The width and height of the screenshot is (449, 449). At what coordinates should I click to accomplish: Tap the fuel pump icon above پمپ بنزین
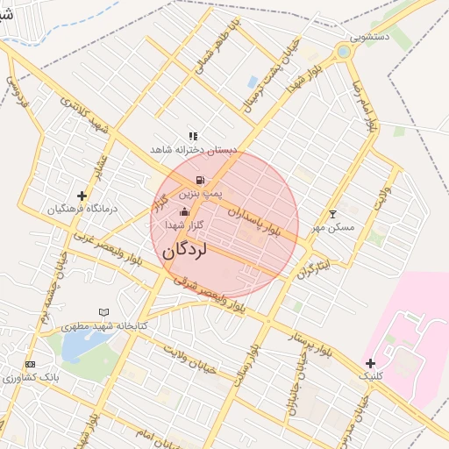coord(200,180)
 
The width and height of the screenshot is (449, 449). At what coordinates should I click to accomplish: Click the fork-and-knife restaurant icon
coord(193,136)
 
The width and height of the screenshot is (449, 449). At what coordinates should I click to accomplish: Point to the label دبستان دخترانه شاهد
coord(193,150)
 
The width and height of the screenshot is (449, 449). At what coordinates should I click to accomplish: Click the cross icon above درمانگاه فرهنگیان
coord(82,196)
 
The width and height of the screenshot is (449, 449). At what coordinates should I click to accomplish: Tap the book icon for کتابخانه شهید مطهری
coord(103,312)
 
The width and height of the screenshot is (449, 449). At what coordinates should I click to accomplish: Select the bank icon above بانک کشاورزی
coord(31,364)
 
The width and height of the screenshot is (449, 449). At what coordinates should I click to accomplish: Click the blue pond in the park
coord(70,345)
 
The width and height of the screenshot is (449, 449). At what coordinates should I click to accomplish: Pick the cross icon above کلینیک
coord(371,362)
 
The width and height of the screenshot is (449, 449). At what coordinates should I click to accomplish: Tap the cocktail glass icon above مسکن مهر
coord(332,214)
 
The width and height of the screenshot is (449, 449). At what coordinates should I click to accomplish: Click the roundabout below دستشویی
coord(343,53)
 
